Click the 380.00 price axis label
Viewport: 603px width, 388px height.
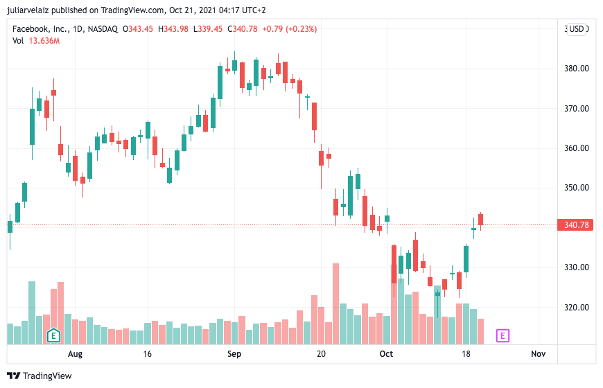pos(577,69)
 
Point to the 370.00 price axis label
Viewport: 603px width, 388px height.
pos(577,109)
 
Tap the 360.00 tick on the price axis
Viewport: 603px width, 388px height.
pos(577,148)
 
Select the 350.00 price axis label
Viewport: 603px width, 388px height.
pos(577,188)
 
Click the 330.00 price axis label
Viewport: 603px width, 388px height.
pos(577,267)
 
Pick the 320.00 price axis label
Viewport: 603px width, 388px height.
pos(577,307)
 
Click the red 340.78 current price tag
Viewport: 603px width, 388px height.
pos(576,224)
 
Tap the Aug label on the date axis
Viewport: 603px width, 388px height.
pos(75,354)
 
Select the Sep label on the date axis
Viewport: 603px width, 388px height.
pos(234,354)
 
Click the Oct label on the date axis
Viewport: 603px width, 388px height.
pos(386,354)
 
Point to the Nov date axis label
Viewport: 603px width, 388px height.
pos(538,354)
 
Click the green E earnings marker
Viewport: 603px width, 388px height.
pos(53,336)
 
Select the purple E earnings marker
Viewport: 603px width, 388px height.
pos(503,336)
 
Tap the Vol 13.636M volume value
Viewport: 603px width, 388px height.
pos(44,41)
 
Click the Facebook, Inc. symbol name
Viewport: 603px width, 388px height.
pos(40,28)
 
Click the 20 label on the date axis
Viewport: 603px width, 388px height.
pos(321,354)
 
